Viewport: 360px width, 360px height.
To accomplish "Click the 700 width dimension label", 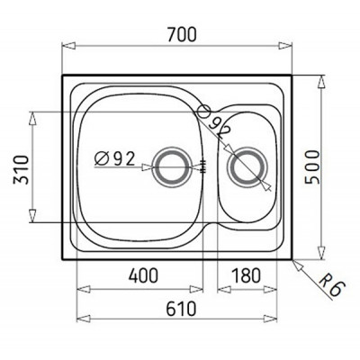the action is tap(182, 34).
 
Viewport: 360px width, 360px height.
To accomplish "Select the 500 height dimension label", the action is tap(311, 166).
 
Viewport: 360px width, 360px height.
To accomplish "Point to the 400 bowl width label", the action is tap(143, 275).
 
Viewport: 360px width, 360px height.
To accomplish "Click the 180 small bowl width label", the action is tap(246, 275).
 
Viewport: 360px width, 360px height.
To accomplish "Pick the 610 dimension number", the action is tap(181, 309).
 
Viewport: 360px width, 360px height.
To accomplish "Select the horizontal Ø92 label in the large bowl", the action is tap(114, 159).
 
